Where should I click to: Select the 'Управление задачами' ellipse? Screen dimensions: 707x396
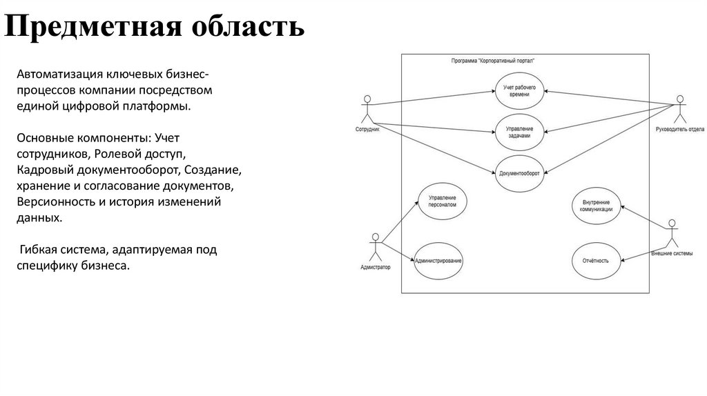point(519,132)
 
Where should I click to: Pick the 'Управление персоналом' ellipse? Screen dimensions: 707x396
point(442,201)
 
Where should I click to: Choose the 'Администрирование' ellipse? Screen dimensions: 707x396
point(438,261)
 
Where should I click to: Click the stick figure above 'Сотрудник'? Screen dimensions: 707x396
point(368,109)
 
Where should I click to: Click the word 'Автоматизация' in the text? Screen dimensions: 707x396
point(60,74)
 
